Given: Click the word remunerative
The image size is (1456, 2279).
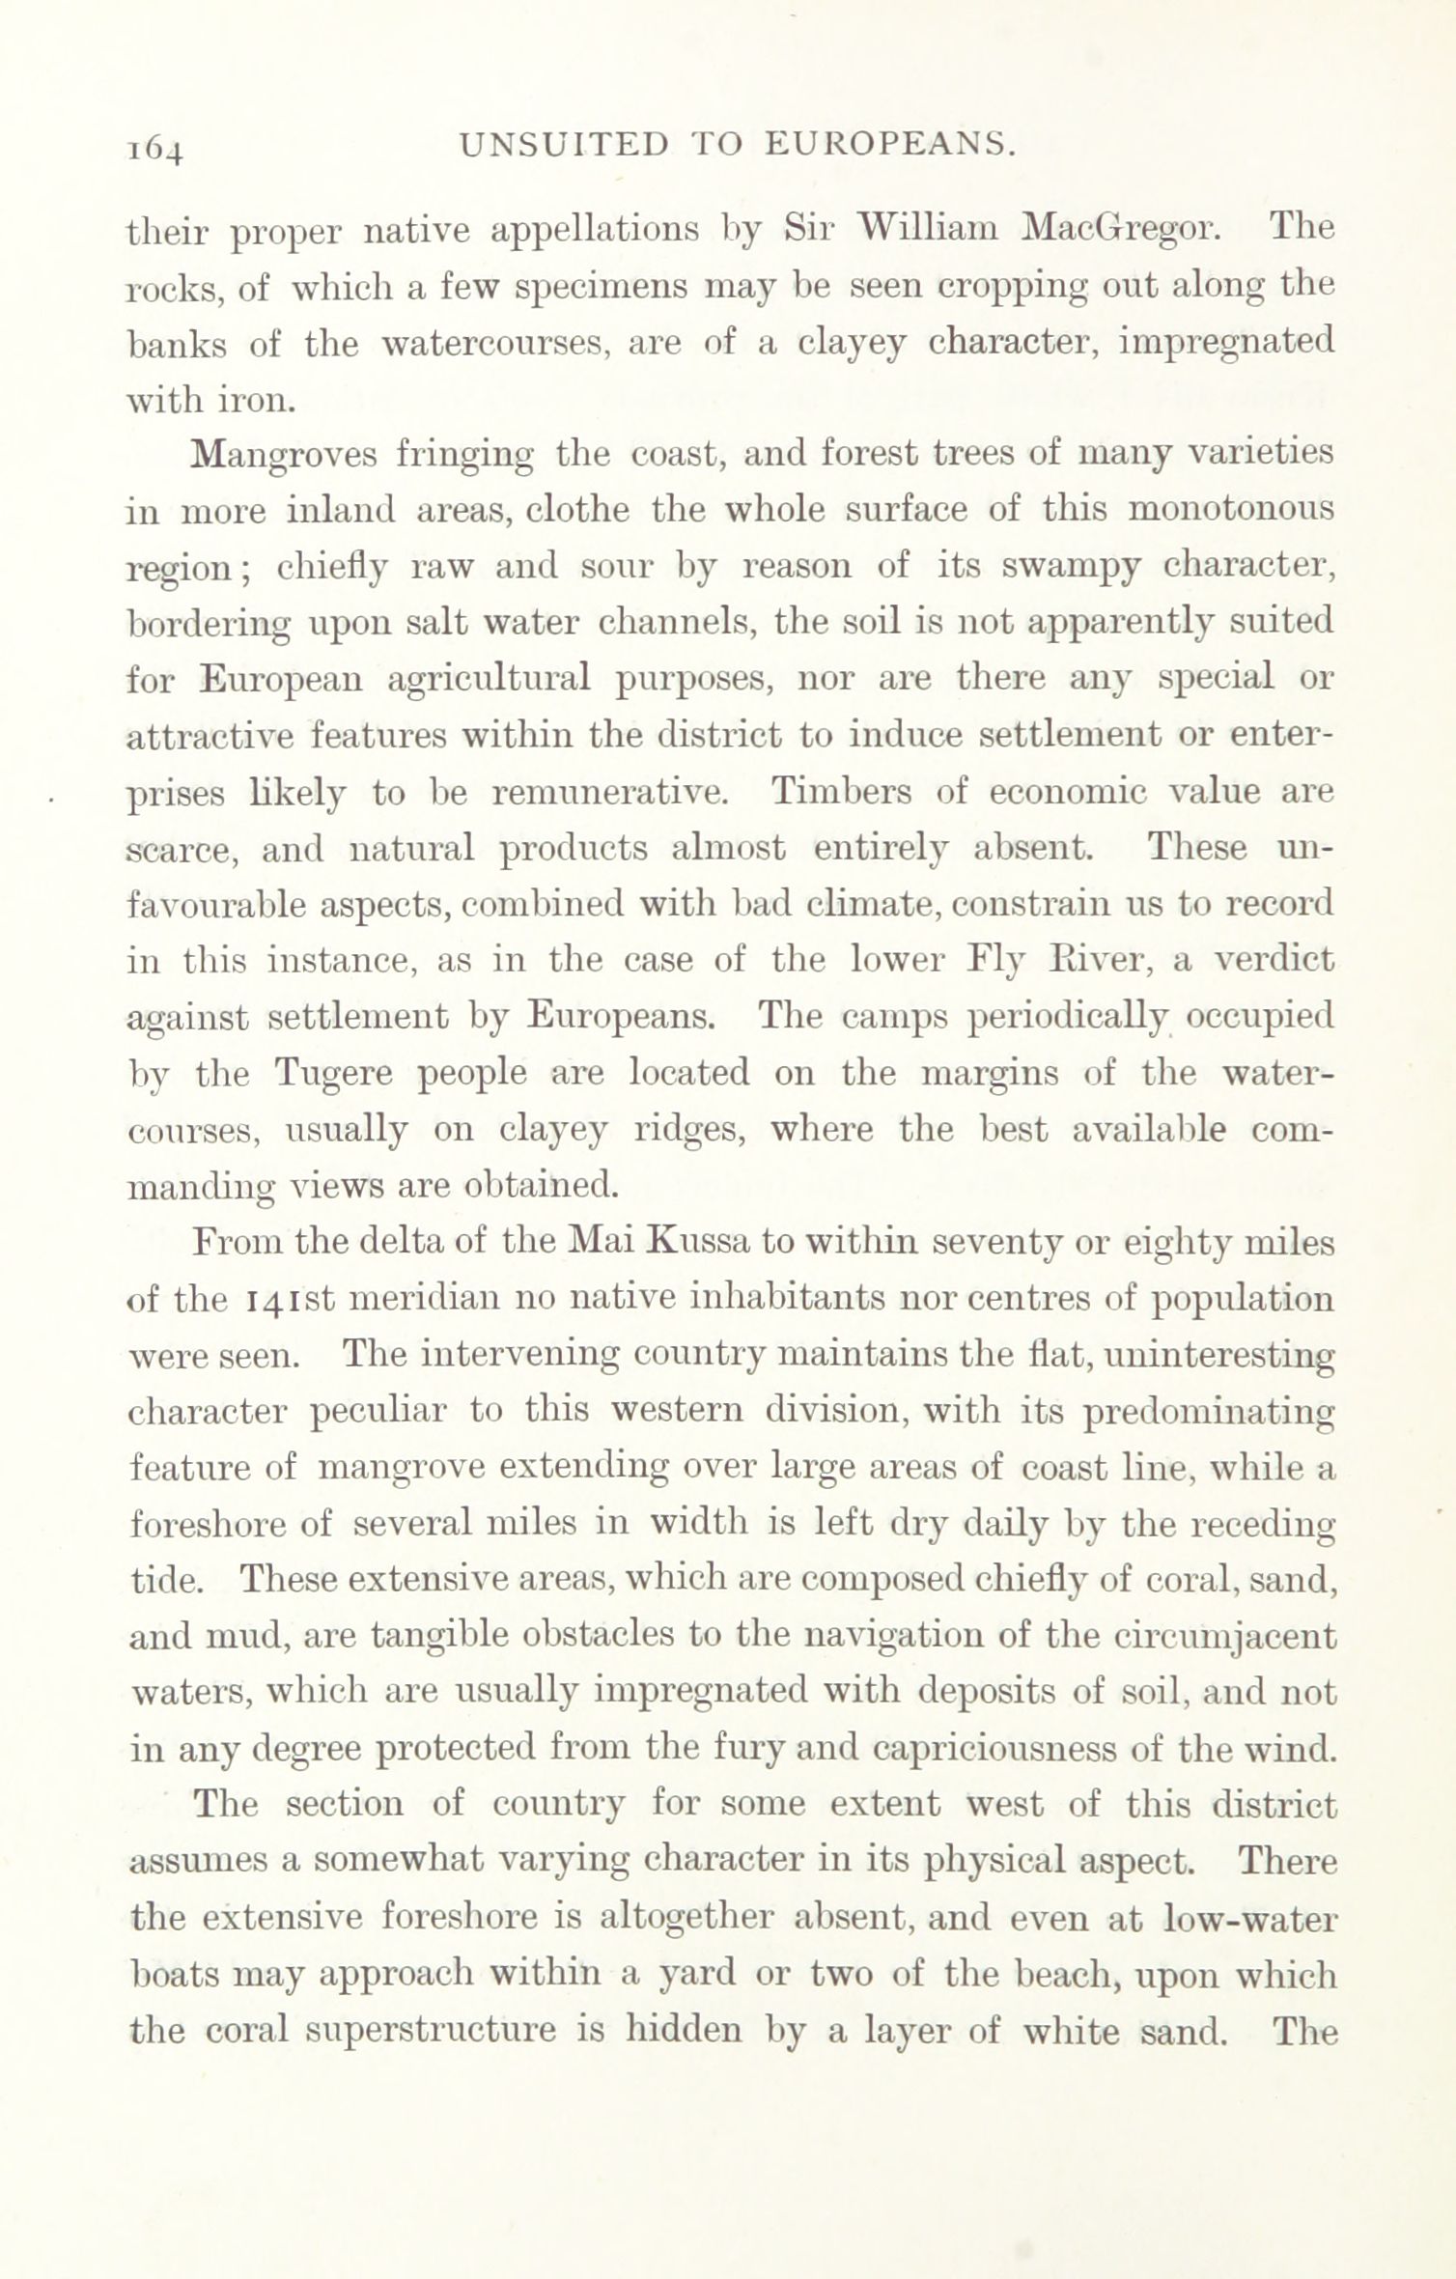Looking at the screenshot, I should pyautogui.click(x=607, y=792).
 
